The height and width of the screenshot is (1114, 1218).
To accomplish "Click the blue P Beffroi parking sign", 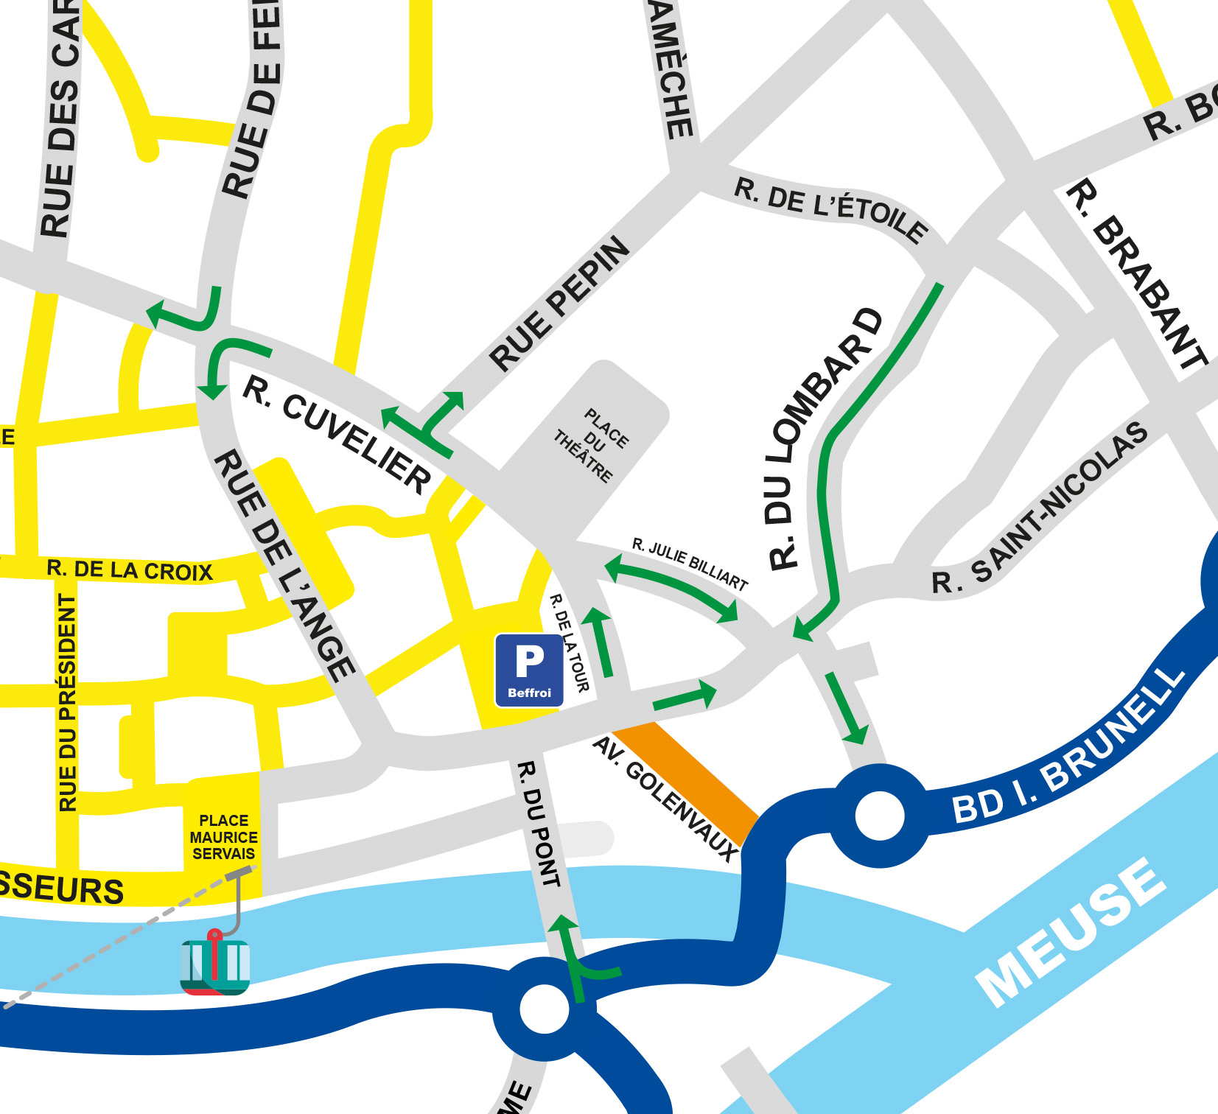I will pyautogui.click(x=529, y=670).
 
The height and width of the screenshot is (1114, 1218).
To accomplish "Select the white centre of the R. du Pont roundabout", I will pyautogui.click(x=544, y=1009).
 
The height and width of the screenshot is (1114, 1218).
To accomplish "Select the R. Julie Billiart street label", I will pyautogui.click(x=690, y=564).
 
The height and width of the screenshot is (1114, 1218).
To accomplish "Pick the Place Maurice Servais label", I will pyautogui.click(x=223, y=837).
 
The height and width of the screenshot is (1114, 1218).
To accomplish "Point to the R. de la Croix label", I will pyautogui.click(x=130, y=570).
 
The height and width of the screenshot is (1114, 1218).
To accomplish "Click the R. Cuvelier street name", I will pyautogui.click(x=337, y=435).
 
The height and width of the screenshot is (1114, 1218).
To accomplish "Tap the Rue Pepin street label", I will pyautogui.click(x=559, y=303).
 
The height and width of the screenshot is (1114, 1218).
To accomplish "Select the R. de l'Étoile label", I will pyautogui.click(x=830, y=210).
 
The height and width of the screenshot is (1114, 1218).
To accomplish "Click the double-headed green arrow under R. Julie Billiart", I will pyautogui.click(x=671, y=588).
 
